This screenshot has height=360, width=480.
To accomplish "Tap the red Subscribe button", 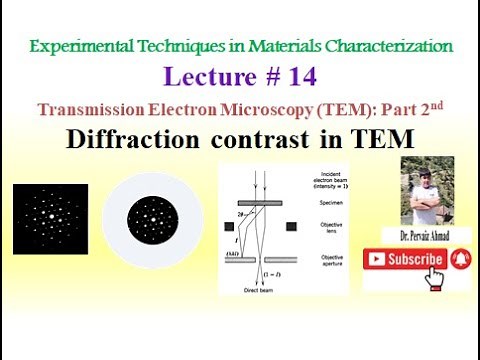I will click(403, 259).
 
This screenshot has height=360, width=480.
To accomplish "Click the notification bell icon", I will click(461, 259).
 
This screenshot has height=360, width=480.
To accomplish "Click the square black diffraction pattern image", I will click(49, 219).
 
